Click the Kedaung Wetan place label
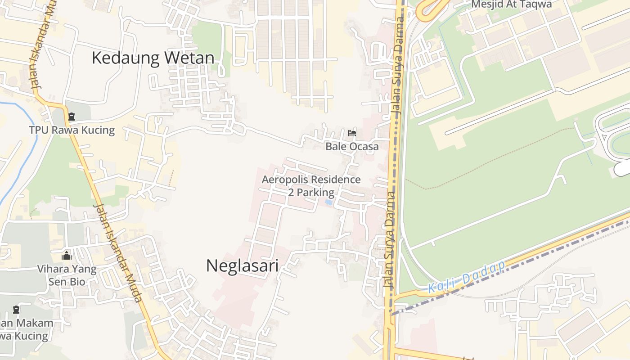153,58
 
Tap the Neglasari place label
242,265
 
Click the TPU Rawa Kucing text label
72,130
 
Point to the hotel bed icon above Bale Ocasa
352,133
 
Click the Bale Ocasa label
352,147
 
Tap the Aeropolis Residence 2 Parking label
311,186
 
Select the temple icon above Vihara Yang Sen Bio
67,256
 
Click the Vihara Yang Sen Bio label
67,275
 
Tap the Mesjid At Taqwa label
511,4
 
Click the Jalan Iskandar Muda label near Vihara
118,252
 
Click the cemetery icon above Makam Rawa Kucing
17,310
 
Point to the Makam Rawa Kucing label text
25,329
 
